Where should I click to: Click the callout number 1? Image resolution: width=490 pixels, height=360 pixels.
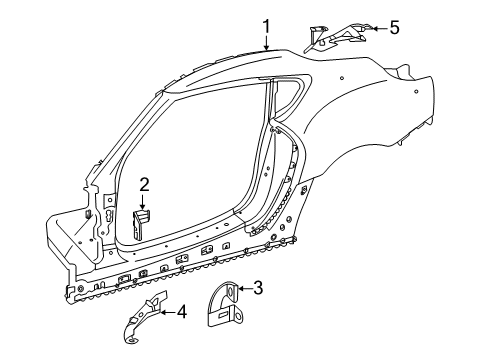coord(267,26)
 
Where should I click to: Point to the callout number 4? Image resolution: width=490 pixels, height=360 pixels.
coord(181,311)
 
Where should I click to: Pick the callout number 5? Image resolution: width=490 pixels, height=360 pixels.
coord(394,28)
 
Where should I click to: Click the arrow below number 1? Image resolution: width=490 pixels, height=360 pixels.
coord(267,42)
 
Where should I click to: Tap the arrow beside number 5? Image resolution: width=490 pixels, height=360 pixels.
coord(375,29)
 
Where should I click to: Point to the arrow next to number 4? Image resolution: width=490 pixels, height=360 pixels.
coord(167,312)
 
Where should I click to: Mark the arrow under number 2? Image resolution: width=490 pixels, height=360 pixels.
coord(144,201)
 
